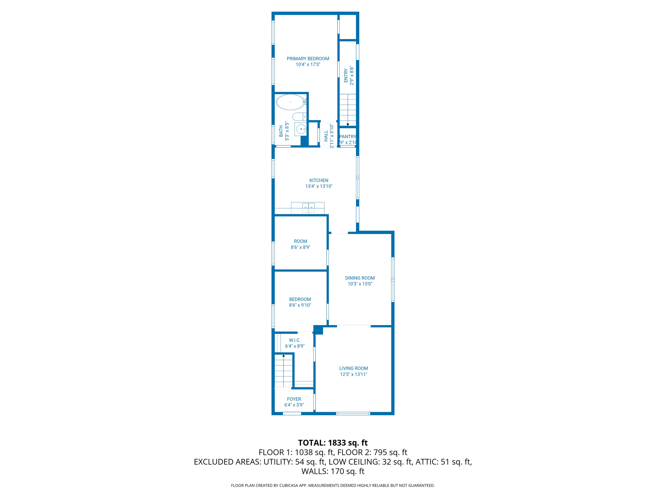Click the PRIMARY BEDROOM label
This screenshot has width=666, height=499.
[x=308, y=59]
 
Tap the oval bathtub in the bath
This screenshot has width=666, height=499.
[x=290, y=102]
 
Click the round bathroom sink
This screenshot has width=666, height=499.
[x=301, y=129]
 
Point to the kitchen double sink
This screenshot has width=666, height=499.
[x=308, y=207]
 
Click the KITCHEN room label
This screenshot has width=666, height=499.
[x=319, y=180]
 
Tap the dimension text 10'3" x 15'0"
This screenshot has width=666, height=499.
[x=360, y=284]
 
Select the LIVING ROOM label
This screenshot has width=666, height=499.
[x=353, y=368]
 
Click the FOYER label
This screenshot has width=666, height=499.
[x=294, y=399]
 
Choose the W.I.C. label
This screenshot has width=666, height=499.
[x=295, y=340]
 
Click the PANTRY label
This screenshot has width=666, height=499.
[x=348, y=137]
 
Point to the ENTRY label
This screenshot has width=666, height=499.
[x=346, y=76]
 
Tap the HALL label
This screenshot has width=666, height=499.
[x=326, y=136]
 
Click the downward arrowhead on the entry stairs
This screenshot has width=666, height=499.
[x=348, y=124]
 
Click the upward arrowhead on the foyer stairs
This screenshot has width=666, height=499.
[x=284, y=356]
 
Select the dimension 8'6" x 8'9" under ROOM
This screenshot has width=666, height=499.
[x=300, y=247]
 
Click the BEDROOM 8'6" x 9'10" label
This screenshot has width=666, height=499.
[x=300, y=302]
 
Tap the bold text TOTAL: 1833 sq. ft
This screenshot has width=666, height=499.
[x=333, y=443]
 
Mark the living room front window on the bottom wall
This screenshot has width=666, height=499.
[x=353, y=414]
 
